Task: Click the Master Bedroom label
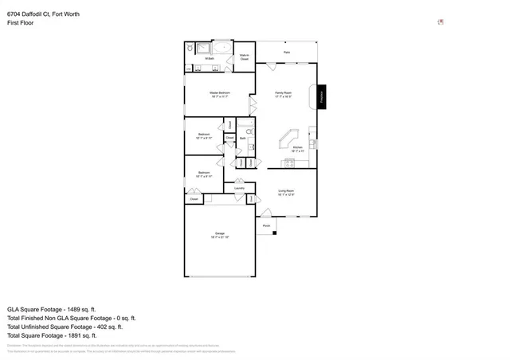point(219,94)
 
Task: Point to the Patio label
point(286,53)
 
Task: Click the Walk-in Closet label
point(245,56)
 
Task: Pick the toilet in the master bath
point(190,48)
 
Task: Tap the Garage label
point(220,236)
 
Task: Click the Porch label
point(266,226)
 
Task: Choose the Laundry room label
point(239,188)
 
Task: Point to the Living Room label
point(286,192)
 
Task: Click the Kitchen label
point(297,149)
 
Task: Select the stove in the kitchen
point(290,163)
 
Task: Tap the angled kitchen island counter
point(284,141)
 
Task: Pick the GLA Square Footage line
point(52,308)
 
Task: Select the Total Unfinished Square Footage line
point(65,327)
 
